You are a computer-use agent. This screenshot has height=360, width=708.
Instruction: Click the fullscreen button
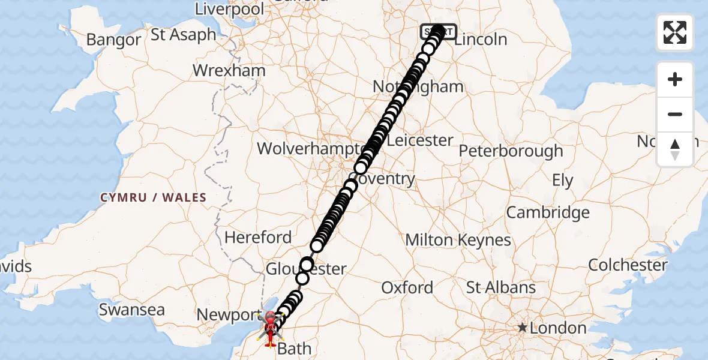[675, 32]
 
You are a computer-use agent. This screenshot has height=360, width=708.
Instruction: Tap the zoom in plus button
[675, 79]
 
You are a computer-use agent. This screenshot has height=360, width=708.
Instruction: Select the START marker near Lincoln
[439, 31]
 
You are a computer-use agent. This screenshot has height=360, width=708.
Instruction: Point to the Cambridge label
[548, 212]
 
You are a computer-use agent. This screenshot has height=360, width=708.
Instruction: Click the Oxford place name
[407, 288]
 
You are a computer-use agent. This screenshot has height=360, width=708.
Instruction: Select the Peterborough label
[511, 151]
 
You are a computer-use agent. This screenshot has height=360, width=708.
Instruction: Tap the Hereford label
[258, 238]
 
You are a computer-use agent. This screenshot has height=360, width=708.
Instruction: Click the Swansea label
[131, 310]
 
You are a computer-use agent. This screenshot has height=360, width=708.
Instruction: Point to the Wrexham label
[229, 71]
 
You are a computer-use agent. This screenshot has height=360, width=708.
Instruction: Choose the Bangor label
[113, 40]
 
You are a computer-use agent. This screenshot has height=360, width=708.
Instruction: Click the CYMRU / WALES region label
[153, 197]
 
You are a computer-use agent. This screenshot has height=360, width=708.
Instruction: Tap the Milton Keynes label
[458, 241]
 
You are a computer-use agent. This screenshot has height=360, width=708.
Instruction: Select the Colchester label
[628, 265]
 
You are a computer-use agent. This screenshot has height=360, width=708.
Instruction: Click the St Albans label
[501, 287]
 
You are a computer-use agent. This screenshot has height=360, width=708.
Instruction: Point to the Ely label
[563, 181]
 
